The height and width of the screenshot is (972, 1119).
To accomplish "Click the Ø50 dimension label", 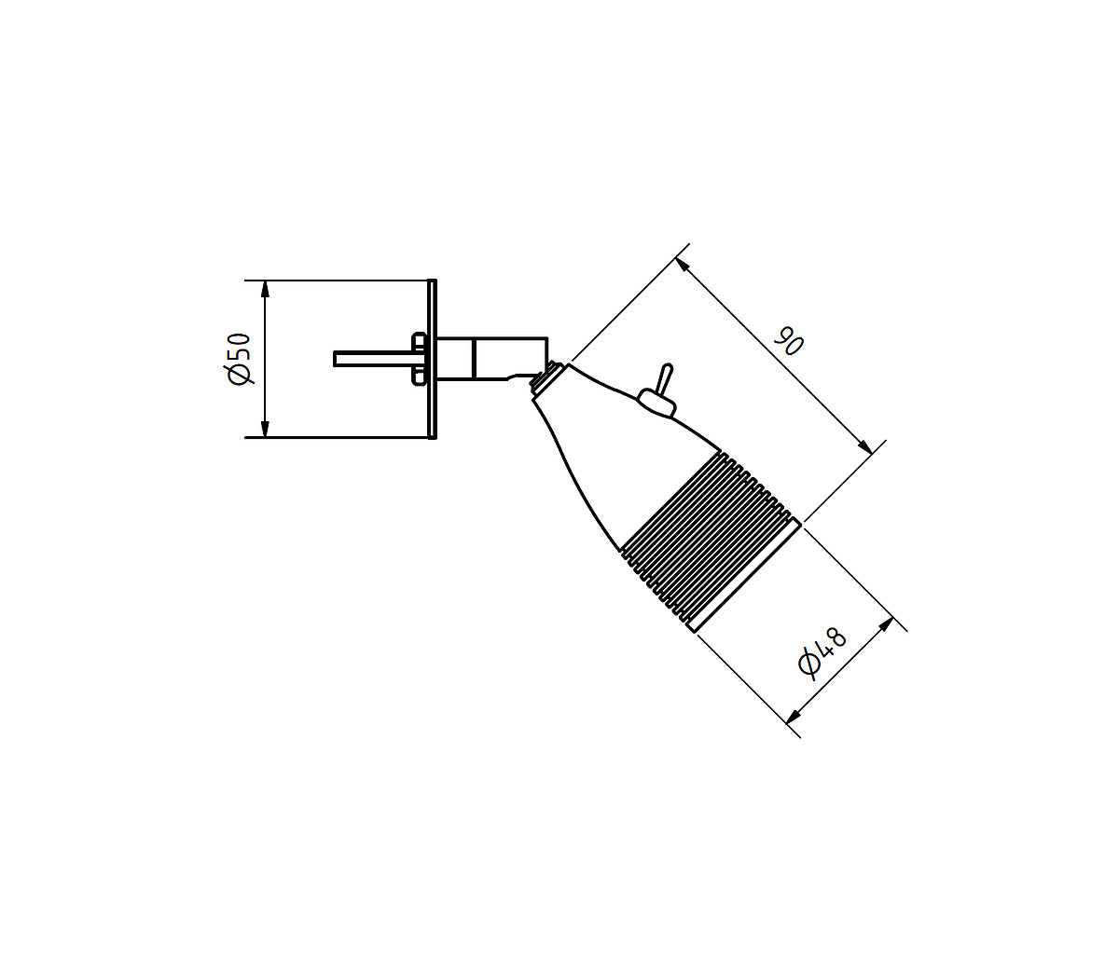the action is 239,358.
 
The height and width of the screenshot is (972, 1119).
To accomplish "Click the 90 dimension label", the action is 789,340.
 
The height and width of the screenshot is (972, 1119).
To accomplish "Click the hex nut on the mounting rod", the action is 419,358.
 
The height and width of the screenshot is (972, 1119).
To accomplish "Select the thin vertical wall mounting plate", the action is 433,359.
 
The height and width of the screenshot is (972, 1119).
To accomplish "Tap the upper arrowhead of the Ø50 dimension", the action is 266,289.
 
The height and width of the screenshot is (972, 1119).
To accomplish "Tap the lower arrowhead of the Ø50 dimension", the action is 266,429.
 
